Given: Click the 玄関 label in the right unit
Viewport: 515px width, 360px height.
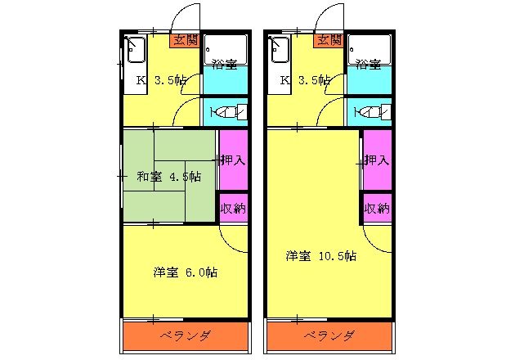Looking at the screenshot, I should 329,39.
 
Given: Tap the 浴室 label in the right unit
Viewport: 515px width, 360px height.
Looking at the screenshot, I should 367,64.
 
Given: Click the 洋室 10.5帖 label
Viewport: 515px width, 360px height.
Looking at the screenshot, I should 320,256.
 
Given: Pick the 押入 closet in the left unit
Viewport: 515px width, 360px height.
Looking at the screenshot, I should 233,160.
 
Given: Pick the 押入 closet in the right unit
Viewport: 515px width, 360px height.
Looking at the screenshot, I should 377,160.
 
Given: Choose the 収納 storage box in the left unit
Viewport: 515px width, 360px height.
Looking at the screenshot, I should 233,208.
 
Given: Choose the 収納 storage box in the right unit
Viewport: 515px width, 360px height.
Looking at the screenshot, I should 377,208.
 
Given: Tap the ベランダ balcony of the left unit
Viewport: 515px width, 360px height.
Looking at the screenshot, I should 185,335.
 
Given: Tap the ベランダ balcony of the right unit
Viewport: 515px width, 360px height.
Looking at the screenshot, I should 329,335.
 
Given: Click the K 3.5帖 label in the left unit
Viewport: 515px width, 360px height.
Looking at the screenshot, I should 161,80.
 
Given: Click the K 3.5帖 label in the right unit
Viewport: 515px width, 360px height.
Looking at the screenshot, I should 305,80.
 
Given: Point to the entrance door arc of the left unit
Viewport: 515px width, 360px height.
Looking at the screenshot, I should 186,16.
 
